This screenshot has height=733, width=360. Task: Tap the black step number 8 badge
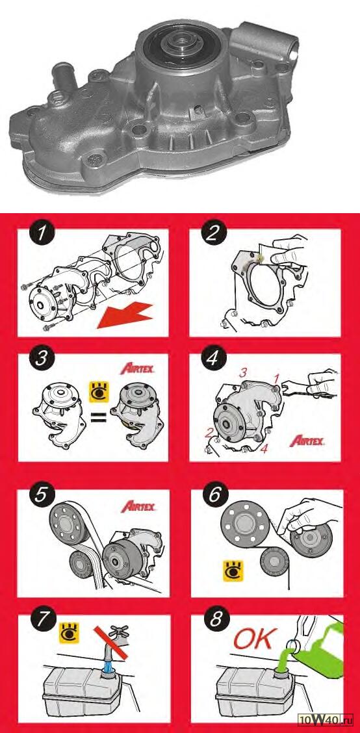[214, 621]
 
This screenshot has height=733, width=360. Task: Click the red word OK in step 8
[253, 640]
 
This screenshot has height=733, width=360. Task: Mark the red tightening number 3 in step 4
[242, 373]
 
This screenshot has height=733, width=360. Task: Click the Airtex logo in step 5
[138, 506]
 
